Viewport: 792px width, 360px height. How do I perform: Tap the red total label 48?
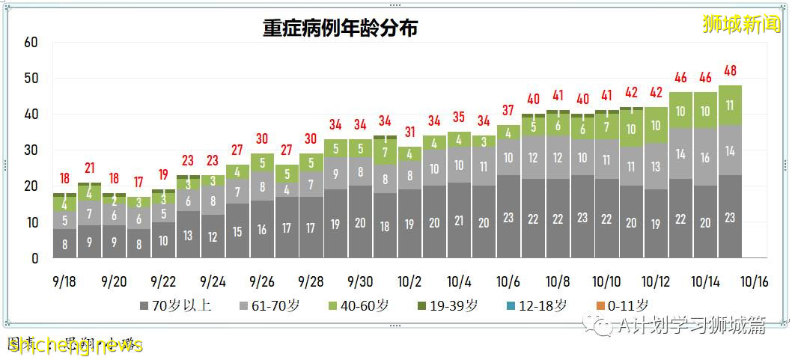click(731, 71)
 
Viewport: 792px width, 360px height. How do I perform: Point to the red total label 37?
click(509, 111)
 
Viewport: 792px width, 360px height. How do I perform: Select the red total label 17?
click(138, 182)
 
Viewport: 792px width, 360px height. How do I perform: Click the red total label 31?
click(410, 132)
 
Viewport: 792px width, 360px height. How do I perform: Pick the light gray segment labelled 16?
click(706, 158)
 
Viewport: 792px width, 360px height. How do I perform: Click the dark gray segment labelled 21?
click(460, 221)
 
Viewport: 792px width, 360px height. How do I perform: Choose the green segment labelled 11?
click(731, 106)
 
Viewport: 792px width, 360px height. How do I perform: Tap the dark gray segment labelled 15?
click(237, 231)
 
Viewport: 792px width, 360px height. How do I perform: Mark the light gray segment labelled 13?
click(657, 167)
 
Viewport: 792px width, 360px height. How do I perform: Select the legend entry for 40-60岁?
click(362, 306)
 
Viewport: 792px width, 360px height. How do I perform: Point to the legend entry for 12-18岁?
click(534, 306)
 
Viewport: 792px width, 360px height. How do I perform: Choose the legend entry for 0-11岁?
click(622, 306)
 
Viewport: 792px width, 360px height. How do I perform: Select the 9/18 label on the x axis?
click(64, 281)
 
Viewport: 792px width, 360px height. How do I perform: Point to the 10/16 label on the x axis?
click(755, 281)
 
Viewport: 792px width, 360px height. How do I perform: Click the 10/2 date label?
click(409, 281)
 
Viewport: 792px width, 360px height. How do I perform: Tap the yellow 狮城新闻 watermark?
click(741, 25)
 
